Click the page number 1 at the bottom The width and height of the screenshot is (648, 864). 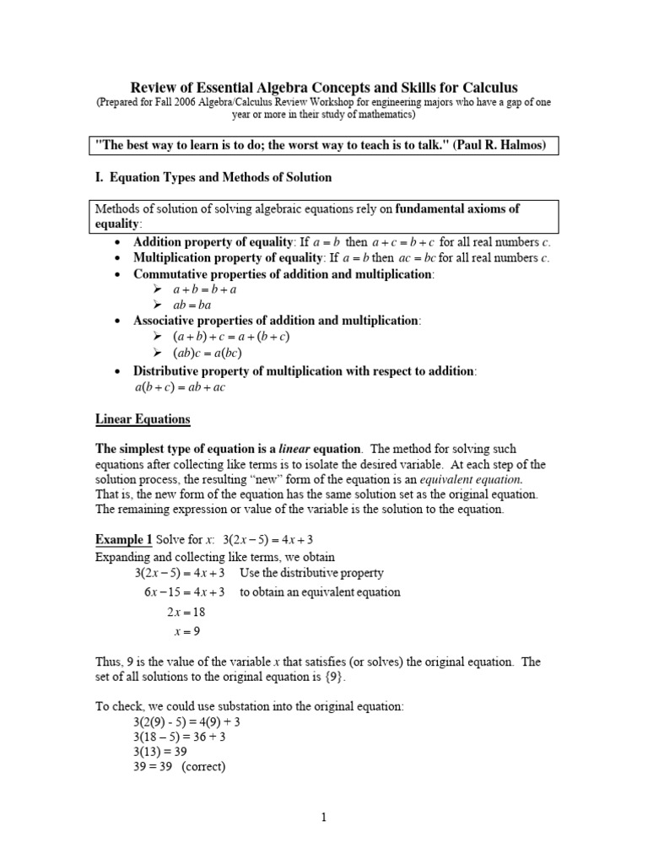coord(324,817)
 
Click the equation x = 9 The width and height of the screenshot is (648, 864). coord(185,630)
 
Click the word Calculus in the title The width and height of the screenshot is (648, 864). coord(488,88)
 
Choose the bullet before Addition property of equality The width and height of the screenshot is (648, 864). coord(118,242)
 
